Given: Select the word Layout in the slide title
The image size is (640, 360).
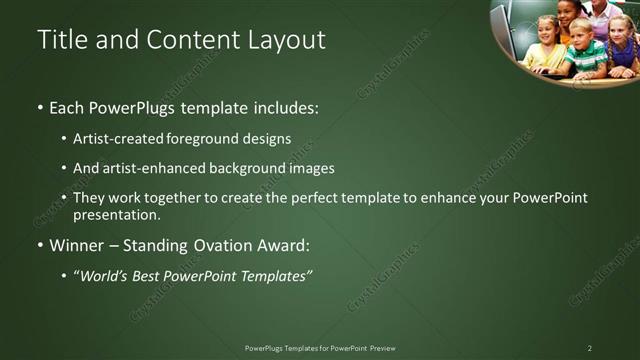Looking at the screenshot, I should pyautogui.click(x=286, y=40).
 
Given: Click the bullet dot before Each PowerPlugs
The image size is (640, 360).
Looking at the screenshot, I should pyautogui.click(x=40, y=107).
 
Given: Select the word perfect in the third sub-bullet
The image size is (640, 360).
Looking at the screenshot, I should pyautogui.click(x=326, y=198).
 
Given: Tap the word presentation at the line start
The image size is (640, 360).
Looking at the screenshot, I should pyautogui.click(x=115, y=214).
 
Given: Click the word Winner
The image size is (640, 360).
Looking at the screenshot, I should pyautogui.click(x=77, y=245).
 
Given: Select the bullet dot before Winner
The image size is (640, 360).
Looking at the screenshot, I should pyautogui.click(x=40, y=245).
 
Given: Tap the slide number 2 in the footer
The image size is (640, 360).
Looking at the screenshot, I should pyautogui.click(x=589, y=348).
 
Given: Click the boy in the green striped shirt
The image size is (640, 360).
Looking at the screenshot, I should pyautogui.click(x=586, y=50).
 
